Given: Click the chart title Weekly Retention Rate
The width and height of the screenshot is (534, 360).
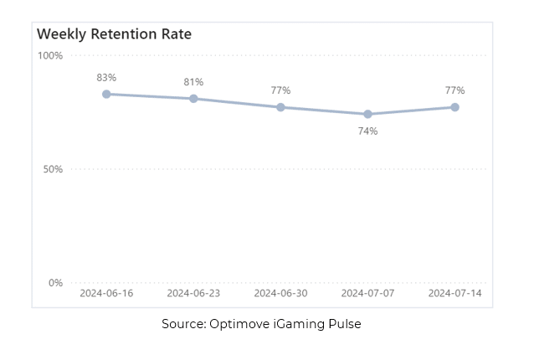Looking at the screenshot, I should point(114,34).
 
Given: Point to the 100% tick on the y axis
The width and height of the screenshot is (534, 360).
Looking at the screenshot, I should point(50,55).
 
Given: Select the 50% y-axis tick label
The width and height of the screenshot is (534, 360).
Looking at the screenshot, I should point(53,169).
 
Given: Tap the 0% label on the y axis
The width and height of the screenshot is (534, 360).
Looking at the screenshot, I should point(55,283).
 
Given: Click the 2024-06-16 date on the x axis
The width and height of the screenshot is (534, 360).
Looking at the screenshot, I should point(106,294).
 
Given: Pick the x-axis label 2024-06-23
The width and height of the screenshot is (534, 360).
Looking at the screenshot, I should point(193,294).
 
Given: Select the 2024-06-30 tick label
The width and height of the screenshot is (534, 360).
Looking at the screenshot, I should point(280,294).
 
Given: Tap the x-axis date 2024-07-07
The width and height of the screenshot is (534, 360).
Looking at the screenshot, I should point(367,294).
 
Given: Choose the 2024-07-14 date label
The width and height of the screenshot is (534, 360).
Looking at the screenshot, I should point(454,294).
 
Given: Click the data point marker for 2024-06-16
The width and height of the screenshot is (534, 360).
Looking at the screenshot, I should point(106,94).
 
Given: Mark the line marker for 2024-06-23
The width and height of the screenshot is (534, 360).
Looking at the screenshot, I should point(193,99).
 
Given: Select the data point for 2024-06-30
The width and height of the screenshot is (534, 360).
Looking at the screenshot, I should point(280,107).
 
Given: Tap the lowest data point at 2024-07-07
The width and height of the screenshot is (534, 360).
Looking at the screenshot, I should point(367,114).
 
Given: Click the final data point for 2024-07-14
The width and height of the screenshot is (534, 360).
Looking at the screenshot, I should point(454,107).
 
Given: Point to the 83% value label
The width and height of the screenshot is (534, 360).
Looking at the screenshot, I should point(106,77).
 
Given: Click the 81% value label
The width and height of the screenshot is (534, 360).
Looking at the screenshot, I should point(193,82).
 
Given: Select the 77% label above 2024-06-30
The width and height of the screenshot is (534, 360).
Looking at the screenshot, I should point(280,90).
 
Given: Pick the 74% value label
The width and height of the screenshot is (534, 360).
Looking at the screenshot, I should point(367,131).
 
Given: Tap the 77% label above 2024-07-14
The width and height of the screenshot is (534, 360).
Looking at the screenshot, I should point(454,90).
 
